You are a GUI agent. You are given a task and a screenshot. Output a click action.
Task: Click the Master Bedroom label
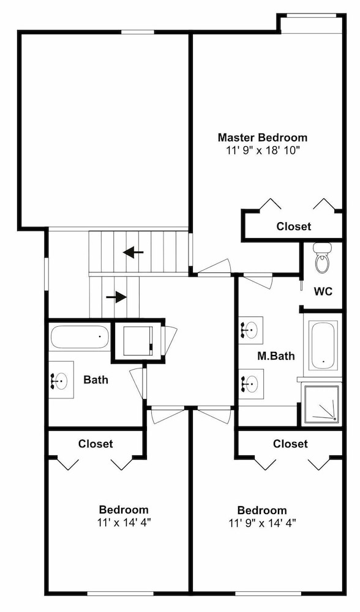pos(263,137)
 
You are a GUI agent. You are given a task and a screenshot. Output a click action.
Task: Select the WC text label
pos(323,291)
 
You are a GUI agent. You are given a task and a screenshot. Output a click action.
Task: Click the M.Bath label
pos(276,356)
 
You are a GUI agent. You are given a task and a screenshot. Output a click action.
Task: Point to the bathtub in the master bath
pos(323,346)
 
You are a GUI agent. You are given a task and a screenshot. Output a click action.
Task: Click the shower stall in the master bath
pos(323,403)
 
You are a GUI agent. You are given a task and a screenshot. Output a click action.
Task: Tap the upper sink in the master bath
pos(250,330)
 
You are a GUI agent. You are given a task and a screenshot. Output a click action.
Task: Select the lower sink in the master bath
pos(250,384)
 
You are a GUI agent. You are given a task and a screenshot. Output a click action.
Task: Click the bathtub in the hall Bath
pos(80,337)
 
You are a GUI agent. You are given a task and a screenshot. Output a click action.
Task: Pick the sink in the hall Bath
pos(61,380)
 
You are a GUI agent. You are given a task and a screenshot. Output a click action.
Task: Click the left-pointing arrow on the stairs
pos(133,253)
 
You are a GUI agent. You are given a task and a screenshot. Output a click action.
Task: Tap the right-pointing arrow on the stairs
pos(116,297)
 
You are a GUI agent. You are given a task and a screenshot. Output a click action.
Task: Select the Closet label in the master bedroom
pos(294,226)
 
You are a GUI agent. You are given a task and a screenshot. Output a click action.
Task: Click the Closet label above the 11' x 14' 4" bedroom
pos(96,444)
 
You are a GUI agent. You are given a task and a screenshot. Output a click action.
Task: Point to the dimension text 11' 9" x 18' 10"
pos(263,151)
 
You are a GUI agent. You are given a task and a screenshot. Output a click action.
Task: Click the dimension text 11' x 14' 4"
pos(124,522)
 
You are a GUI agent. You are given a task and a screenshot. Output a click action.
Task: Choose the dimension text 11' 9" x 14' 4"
pos(263,523)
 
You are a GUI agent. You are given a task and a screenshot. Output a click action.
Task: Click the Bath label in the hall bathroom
pos(96,379)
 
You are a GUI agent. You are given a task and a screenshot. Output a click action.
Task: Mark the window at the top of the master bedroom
pos(312,16)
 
